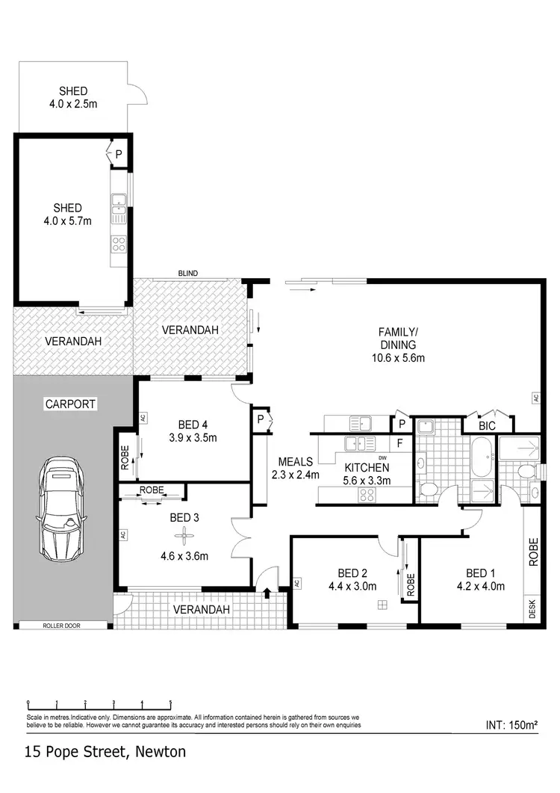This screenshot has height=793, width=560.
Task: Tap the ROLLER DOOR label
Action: (63, 626)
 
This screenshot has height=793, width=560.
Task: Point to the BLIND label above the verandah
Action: (187, 274)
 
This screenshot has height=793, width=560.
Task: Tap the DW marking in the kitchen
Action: (382, 457)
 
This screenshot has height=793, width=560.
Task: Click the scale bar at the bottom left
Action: (99, 704)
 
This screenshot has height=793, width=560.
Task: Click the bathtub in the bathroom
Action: (481, 457)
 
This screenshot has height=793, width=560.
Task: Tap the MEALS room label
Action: (295, 461)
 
